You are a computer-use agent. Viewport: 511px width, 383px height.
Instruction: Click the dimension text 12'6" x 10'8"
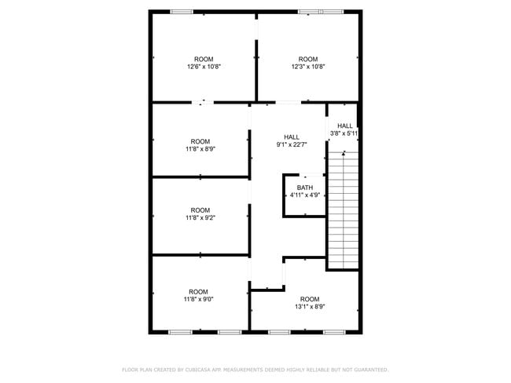pyautogui.click(x=204, y=67)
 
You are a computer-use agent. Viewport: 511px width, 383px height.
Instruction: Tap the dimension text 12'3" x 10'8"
pyautogui.click(x=308, y=67)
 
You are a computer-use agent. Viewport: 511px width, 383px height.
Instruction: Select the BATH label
pyautogui.click(x=305, y=188)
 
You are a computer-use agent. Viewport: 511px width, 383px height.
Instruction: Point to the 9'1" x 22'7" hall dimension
pyautogui.click(x=292, y=145)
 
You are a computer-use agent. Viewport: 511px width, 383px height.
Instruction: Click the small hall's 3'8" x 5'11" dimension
pyautogui.click(x=344, y=133)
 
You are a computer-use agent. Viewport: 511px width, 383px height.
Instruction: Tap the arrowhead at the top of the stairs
pyautogui.click(x=344, y=152)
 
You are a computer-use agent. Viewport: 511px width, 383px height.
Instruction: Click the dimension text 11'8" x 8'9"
pyautogui.click(x=200, y=149)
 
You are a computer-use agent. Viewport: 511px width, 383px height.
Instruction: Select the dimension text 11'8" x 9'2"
pyautogui.click(x=200, y=217)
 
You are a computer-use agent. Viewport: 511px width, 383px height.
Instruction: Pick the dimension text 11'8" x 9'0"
pyautogui.click(x=199, y=299)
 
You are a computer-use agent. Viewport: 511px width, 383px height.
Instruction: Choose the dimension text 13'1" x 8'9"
pyautogui.click(x=310, y=307)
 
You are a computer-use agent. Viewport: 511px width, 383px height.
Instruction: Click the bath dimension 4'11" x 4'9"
pyautogui.click(x=305, y=195)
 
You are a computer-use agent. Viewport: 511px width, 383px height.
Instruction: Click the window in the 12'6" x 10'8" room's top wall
pyautogui.click(x=182, y=12)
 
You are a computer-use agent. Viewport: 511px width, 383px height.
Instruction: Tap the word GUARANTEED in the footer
pyautogui.click(x=371, y=370)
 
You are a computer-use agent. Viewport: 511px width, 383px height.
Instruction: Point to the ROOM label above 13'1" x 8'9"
pyautogui.click(x=310, y=299)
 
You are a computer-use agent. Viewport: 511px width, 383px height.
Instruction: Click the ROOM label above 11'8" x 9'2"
pyautogui.click(x=200, y=210)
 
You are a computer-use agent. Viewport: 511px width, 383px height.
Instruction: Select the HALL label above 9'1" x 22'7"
pyautogui.click(x=292, y=137)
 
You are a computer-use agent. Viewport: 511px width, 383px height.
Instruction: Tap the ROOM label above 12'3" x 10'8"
pyautogui.click(x=308, y=59)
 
